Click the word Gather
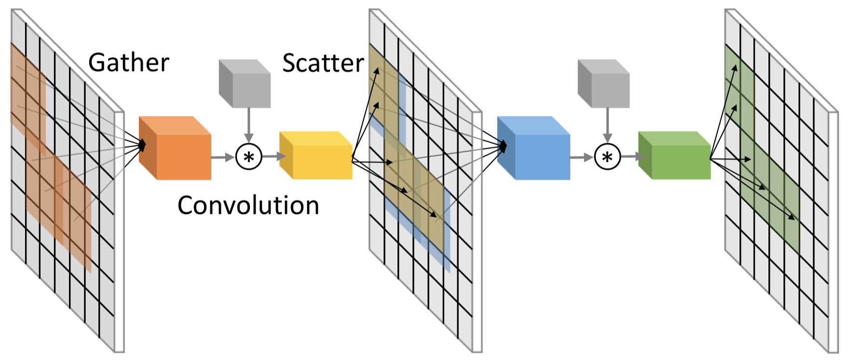(129, 63)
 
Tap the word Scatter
(323, 63)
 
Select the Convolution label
(248, 206)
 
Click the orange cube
(175, 148)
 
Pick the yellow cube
(316, 155)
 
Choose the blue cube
(533, 148)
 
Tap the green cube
(674, 155)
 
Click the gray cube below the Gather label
(245, 83)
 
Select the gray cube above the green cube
(603, 83)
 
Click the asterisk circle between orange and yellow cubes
(248, 157)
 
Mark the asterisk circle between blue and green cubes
(607, 157)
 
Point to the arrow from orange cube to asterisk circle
(223, 157)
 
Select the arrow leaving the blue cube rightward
(582, 157)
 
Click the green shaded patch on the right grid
(762, 150)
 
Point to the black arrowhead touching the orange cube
(142, 144)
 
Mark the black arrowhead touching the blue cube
(503, 145)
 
